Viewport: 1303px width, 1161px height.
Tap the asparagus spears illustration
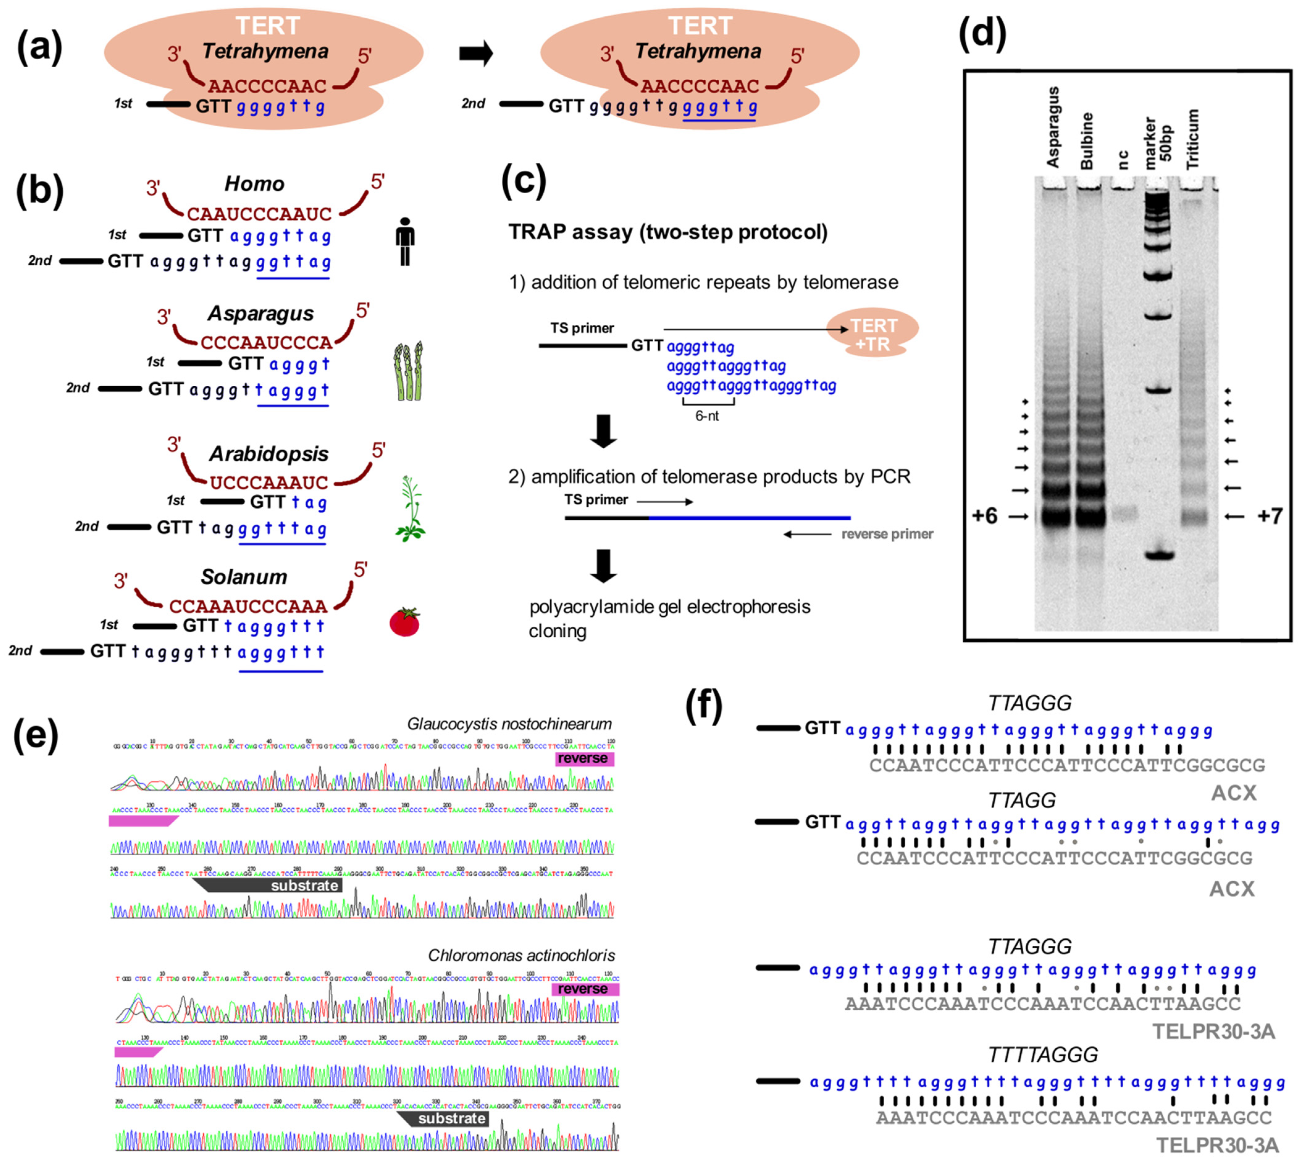408,371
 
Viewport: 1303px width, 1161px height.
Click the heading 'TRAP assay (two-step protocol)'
667,232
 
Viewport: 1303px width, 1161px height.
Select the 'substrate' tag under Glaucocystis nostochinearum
304,886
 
